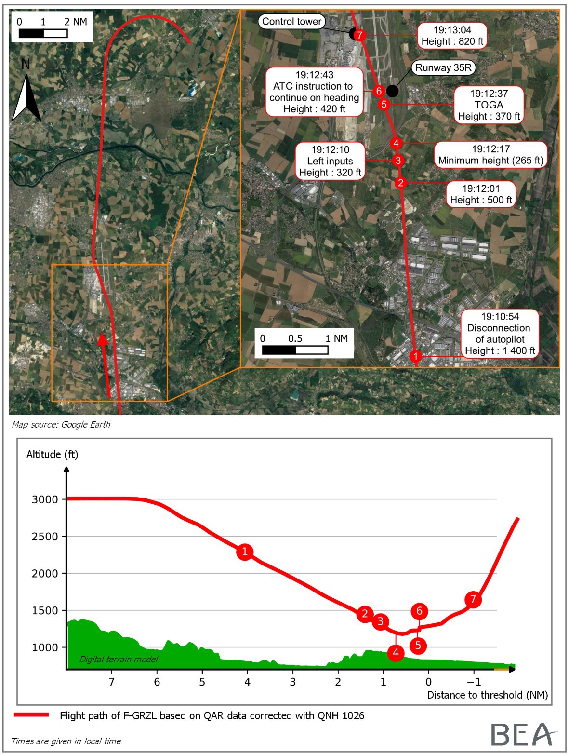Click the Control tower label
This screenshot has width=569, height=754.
tap(291, 21)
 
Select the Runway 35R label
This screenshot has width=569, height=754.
tap(443, 67)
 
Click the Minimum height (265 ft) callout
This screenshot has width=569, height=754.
tap(490, 155)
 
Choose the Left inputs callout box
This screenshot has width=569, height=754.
tap(330, 161)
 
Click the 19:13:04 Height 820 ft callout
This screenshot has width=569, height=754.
tap(452, 36)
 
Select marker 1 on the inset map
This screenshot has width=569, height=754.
tap(415, 356)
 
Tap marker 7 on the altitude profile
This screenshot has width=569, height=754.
tap(473, 599)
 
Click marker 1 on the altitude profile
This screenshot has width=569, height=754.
tap(245, 552)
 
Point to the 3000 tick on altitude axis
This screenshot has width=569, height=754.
tap(45, 499)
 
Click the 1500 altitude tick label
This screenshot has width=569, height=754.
tap(45, 611)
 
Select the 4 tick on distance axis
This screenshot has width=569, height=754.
tap(248, 682)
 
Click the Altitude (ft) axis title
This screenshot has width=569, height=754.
tap(52, 454)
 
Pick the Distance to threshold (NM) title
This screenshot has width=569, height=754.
tap(487, 695)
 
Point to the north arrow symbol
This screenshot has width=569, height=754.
tap(26, 94)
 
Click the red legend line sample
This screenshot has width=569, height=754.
tap(32, 715)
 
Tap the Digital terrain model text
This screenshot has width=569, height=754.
tap(119, 659)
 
